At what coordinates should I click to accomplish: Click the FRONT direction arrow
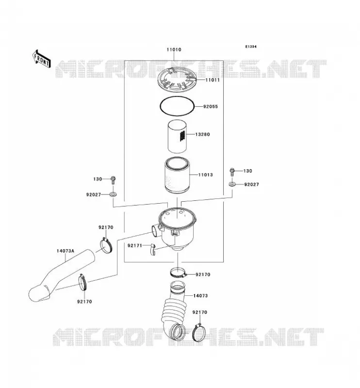(42, 59)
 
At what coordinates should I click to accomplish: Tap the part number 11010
(174, 49)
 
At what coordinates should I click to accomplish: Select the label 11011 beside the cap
(213, 80)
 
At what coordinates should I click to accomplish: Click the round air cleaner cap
(177, 80)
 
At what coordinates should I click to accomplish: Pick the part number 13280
(202, 134)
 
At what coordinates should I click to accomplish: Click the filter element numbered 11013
(177, 176)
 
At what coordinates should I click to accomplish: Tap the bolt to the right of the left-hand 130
(113, 180)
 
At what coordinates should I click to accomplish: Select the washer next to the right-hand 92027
(232, 184)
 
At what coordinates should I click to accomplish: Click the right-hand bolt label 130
(247, 171)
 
